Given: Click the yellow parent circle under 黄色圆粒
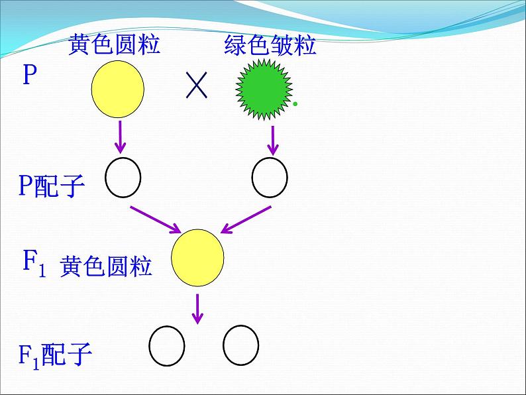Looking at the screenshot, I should point(118,90).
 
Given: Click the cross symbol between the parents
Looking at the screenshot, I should point(197,86).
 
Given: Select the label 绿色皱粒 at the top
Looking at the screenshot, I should point(270,46).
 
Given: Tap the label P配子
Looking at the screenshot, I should point(51,186).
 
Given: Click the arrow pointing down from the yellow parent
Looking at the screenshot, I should point(121,137).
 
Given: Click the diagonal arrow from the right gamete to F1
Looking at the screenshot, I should point(246,219).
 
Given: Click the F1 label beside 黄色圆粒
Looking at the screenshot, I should point(34,263).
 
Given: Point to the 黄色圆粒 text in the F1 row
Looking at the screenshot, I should point(106,266).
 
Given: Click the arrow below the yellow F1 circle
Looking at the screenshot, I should point(197,308).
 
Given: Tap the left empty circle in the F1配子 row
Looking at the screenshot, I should point(166,346).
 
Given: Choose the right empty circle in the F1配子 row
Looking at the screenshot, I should point(240,346).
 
